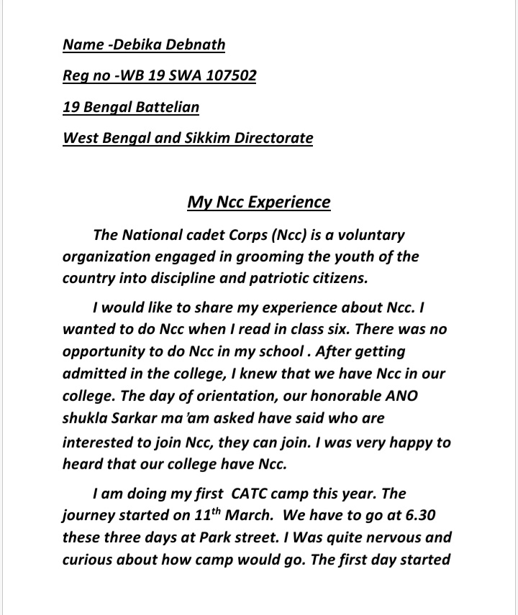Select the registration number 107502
(230, 75)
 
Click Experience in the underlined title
(289, 202)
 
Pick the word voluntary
(371, 235)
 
